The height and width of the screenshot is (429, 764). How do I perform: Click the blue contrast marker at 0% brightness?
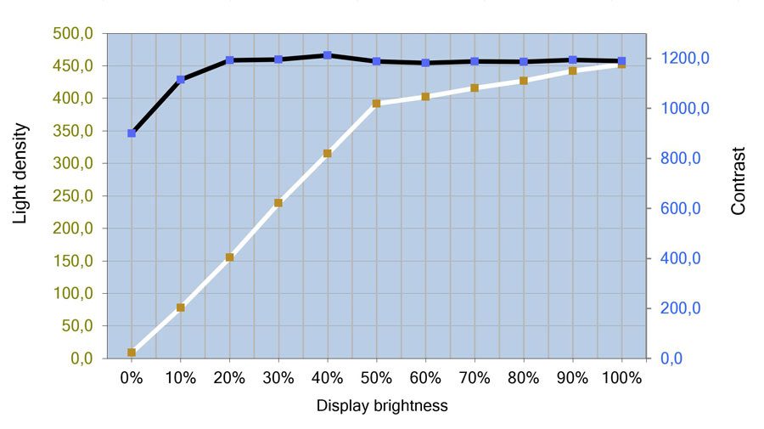(x=132, y=133)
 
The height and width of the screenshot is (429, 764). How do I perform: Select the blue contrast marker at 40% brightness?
(x=328, y=55)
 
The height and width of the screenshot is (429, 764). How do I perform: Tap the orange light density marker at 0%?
(x=132, y=353)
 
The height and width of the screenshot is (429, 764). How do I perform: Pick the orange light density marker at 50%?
(x=376, y=104)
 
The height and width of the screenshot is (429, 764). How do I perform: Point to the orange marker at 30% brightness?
(x=278, y=203)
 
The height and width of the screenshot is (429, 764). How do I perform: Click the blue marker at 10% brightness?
(x=181, y=79)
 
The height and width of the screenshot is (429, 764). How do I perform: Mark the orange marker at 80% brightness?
(x=523, y=81)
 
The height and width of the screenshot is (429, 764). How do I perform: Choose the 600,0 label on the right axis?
(x=683, y=209)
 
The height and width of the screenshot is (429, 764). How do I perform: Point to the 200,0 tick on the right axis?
(x=683, y=309)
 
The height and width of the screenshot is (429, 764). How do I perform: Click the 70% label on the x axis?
(x=475, y=379)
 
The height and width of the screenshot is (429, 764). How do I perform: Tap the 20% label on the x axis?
(x=229, y=379)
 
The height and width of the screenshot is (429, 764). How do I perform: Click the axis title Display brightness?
(x=382, y=406)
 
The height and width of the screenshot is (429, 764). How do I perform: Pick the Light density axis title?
(x=20, y=173)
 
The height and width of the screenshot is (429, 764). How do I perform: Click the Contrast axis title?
(x=739, y=181)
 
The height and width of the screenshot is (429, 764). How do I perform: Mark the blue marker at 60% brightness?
(x=425, y=63)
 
